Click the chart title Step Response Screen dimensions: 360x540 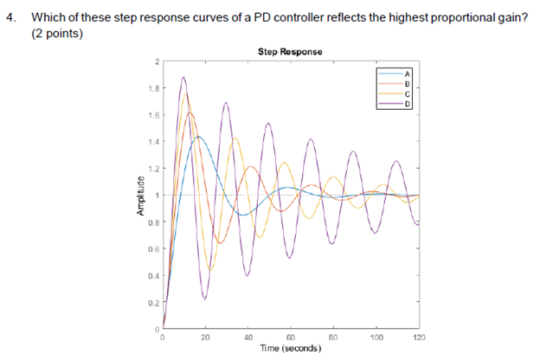290,52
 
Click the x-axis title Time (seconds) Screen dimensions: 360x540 290,348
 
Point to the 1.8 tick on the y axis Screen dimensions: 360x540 153,88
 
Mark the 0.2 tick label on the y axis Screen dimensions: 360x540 153,303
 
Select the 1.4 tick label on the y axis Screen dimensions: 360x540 153,142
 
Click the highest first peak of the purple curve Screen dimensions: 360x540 183,77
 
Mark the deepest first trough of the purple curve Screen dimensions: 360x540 205,299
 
